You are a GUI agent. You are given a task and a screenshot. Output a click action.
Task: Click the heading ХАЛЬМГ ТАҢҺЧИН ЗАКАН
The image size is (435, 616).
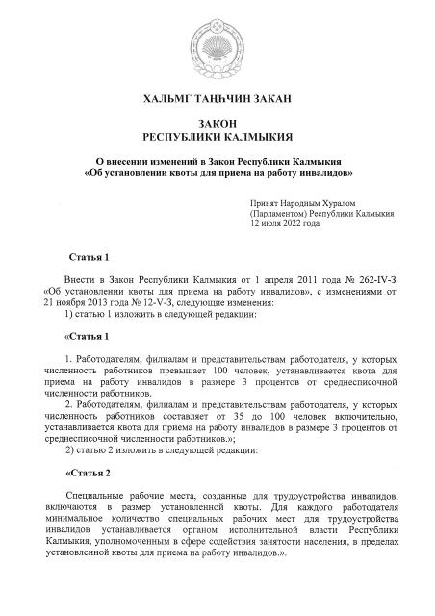click(x=218, y=98)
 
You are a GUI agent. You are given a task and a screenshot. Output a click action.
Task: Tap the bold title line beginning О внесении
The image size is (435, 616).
click(x=218, y=161)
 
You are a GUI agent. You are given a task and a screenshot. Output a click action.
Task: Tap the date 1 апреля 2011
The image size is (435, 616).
click(x=261, y=276)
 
